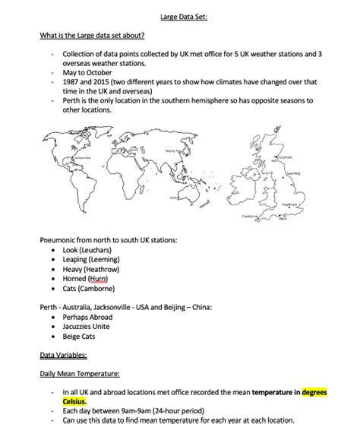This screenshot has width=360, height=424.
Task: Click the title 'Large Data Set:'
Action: pos(180,15)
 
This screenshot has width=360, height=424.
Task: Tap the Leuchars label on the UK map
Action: pos(285,157)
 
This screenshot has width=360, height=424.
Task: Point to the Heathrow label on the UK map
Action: pos(289,204)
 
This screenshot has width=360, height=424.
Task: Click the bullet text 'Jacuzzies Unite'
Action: pos(90,325)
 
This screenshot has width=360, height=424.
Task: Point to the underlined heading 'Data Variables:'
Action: pos(64,354)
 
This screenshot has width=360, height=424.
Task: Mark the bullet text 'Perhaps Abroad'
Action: pos(90,315)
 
